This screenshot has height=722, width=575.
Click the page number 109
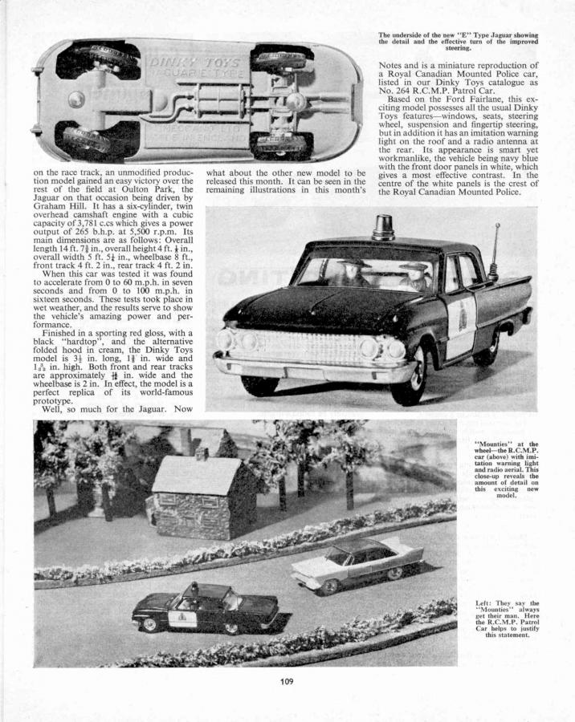(287, 682)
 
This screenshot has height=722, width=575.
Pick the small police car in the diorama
(205, 608)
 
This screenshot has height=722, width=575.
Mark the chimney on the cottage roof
(202, 454)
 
